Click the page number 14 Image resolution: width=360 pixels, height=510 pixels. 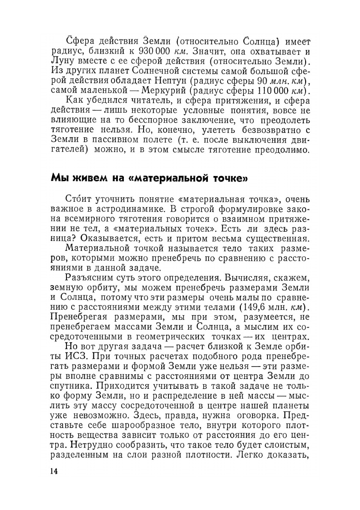[x=54, y=471]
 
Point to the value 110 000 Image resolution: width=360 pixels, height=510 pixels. [x=272, y=92]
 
